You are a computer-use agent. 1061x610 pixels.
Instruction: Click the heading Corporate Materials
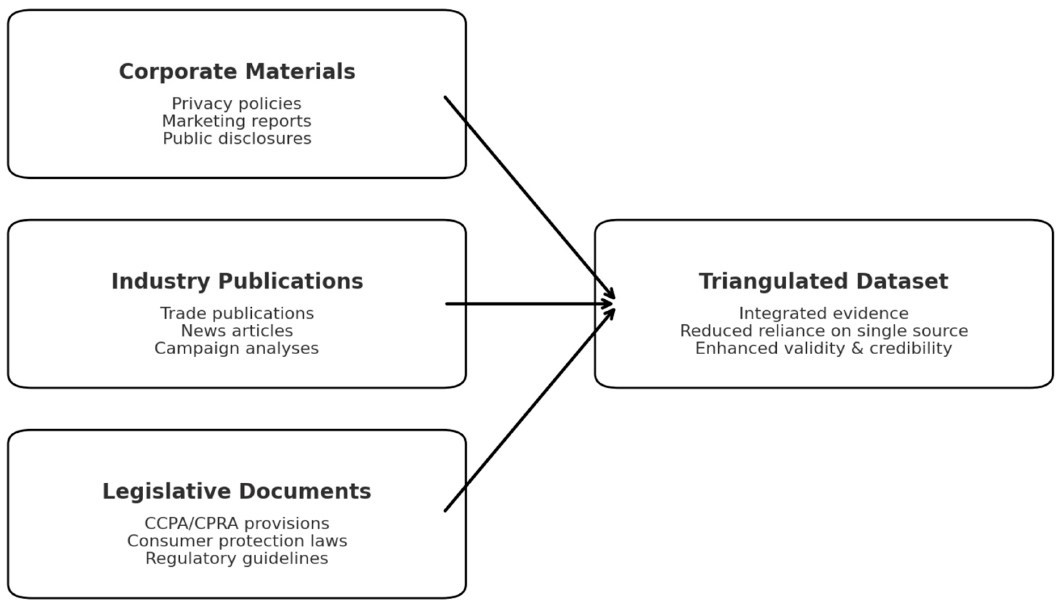(237, 72)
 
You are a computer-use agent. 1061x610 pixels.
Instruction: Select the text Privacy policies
(237, 103)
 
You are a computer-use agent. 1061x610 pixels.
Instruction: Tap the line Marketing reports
(237, 121)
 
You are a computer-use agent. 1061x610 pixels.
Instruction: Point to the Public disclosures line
(237, 139)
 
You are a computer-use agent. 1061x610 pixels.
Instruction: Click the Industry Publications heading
(237, 281)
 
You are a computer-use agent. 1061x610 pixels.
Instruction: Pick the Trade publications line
(237, 313)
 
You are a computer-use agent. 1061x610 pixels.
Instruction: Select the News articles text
(237, 331)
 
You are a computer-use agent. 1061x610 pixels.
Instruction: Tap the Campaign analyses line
(237, 349)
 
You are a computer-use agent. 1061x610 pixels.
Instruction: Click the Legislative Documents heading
(237, 491)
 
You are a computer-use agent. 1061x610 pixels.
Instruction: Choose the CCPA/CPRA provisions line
(237, 524)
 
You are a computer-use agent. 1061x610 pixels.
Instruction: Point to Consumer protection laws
(237, 541)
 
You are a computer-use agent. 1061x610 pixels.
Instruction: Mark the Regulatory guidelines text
(237, 558)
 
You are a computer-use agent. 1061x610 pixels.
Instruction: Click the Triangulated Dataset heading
(823, 281)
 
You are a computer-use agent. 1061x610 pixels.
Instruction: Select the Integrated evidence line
(823, 313)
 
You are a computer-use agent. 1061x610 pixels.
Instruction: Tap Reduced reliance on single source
(823, 331)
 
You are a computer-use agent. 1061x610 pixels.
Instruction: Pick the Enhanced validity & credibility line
(823, 349)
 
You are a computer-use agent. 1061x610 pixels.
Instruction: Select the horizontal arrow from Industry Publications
(528, 304)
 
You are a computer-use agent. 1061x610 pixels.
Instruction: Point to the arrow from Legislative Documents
(528, 411)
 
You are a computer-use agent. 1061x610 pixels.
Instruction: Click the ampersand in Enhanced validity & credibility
(857, 349)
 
